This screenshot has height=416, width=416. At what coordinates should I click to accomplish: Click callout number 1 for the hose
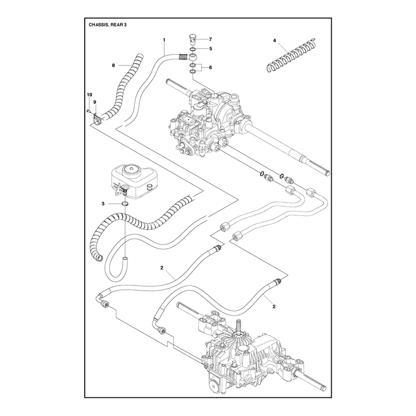coord(164,40)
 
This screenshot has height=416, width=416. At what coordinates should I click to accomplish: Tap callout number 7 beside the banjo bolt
coord(211,40)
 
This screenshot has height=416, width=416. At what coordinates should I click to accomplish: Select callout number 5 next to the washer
coord(211,49)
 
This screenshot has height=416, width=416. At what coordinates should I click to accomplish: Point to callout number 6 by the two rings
coord(211,68)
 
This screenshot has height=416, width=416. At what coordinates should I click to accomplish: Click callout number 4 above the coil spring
coord(275,41)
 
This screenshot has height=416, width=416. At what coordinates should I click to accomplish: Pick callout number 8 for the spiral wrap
coord(113,66)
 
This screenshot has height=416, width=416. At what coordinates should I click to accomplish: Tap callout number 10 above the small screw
coord(89,95)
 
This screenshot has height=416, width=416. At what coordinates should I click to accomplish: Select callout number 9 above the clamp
coord(95,102)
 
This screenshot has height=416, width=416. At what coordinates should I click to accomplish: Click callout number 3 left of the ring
coord(103,204)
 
